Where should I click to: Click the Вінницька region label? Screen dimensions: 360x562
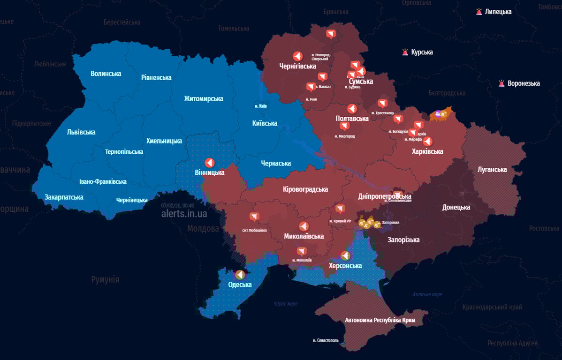[x=209, y=172]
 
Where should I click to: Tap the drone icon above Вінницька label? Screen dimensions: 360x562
[x=210, y=162]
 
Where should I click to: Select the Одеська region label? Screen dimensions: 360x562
[x=240, y=285]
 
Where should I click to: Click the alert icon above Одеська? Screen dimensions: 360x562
[x=240, y=274]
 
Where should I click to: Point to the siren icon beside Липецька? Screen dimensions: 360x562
[x=478, y=12]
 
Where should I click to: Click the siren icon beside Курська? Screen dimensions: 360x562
[x=405, y=52]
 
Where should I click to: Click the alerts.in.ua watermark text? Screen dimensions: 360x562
[x=184, y=214]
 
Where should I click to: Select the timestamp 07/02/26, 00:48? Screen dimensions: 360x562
[x=177, y=205]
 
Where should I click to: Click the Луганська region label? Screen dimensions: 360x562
[x=492, y=169]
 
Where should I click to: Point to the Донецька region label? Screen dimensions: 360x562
[x=456, y=207]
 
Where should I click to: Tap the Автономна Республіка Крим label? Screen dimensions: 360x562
[x=380, y=320]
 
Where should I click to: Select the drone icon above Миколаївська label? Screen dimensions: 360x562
[x=304, y=226]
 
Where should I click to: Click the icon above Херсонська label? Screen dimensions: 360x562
[x=345, y=255]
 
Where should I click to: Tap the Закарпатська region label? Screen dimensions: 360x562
[x=64, y=197]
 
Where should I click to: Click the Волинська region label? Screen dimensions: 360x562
[x=106, y=74]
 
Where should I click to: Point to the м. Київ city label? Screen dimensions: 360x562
[x=260, y=106]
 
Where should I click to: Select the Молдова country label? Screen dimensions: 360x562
[x=203, y=229]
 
